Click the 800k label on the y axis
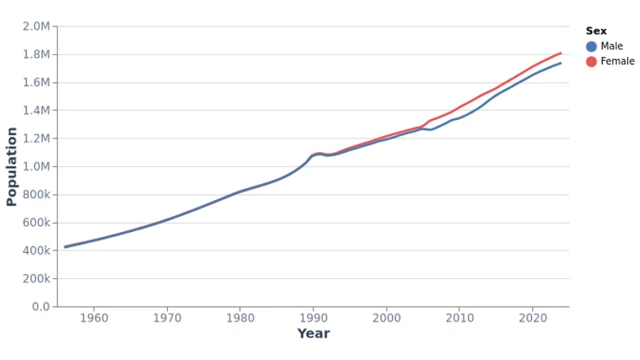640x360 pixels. [x=36, y=194]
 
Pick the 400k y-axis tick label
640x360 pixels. [x=36, y=250]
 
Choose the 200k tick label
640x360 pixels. [x=36, y=278]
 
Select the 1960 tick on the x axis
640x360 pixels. [x=94, y=318]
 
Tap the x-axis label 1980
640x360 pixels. [x=240, y=318]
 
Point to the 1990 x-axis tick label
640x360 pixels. [x=313, y=318]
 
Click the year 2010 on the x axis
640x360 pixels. [x=459, y=318]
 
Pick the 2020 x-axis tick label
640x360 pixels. [x=532, y=318]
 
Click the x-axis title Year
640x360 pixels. [x=313, y=334]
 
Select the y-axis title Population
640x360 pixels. [x=12, y=166]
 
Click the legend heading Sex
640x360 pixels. [x=596, y=31]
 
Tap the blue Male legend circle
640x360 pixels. [x=591, y=46]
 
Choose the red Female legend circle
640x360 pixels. [x=591, y=62]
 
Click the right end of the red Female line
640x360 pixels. [x=561, y=53]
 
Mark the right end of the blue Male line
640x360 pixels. [x=561, y=63]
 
